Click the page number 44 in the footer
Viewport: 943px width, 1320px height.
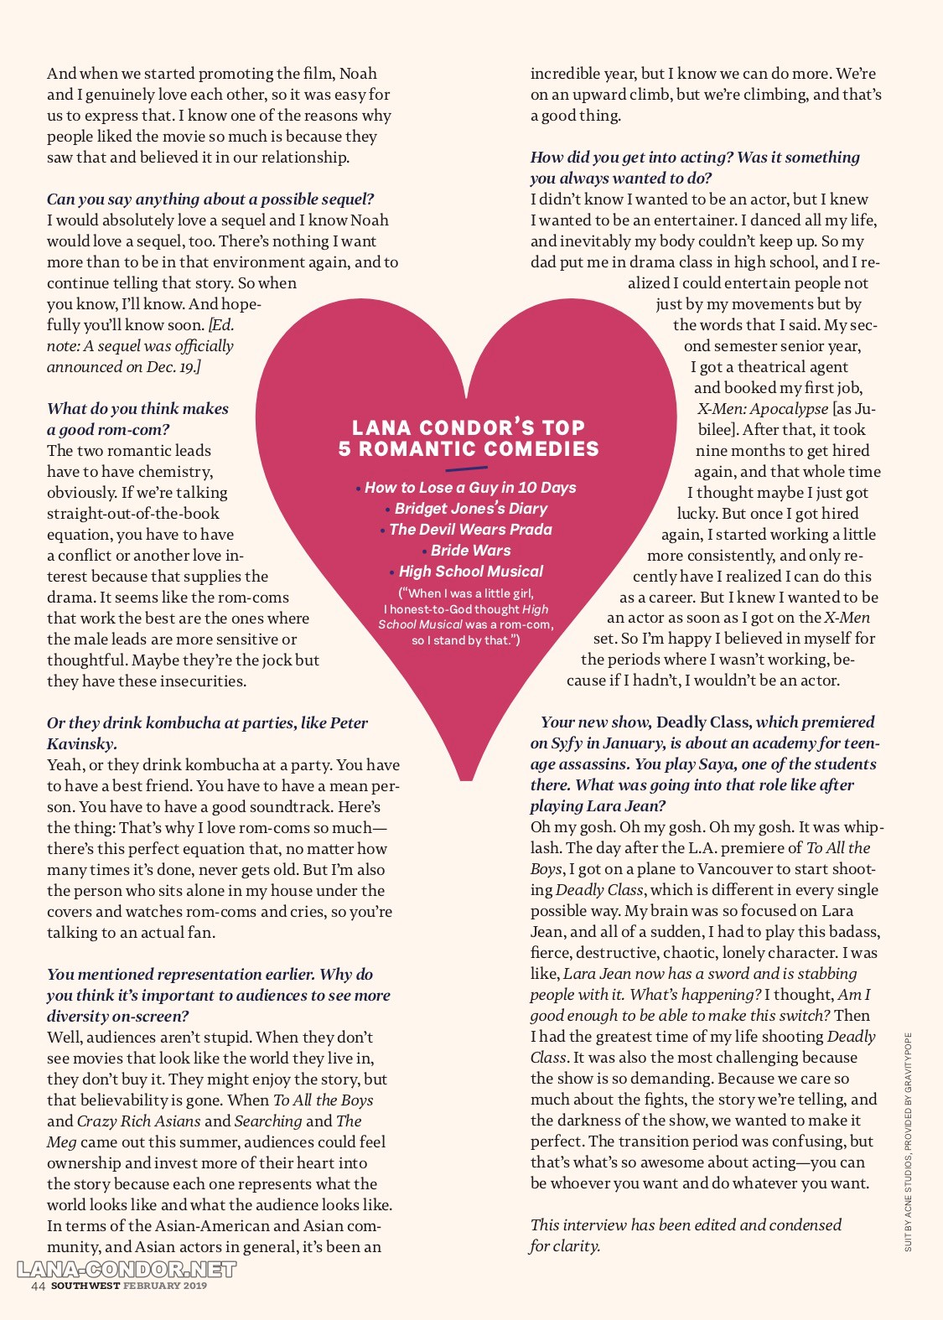(38, 1286)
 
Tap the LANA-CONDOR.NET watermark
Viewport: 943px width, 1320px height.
(127, 1270)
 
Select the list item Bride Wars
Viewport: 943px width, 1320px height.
(470, 551)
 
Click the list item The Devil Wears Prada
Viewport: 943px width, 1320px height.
(470, 530)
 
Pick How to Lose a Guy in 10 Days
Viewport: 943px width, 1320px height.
(470, 488)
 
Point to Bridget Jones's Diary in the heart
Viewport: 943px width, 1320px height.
(470, 509)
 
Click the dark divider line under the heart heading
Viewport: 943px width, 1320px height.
(466, 468)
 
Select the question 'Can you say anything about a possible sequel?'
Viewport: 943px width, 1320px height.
(210, 199)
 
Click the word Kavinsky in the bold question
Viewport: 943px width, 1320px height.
(80, 744)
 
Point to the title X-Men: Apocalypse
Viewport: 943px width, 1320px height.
(763, 409)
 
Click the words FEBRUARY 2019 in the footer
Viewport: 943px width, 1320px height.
(165, 1286)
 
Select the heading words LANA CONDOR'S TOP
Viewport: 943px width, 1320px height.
(469, 427)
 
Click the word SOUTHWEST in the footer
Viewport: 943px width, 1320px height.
(85, 1286)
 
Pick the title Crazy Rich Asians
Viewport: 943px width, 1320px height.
(139, 1121)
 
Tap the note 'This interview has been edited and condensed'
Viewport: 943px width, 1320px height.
(686, 1225)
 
